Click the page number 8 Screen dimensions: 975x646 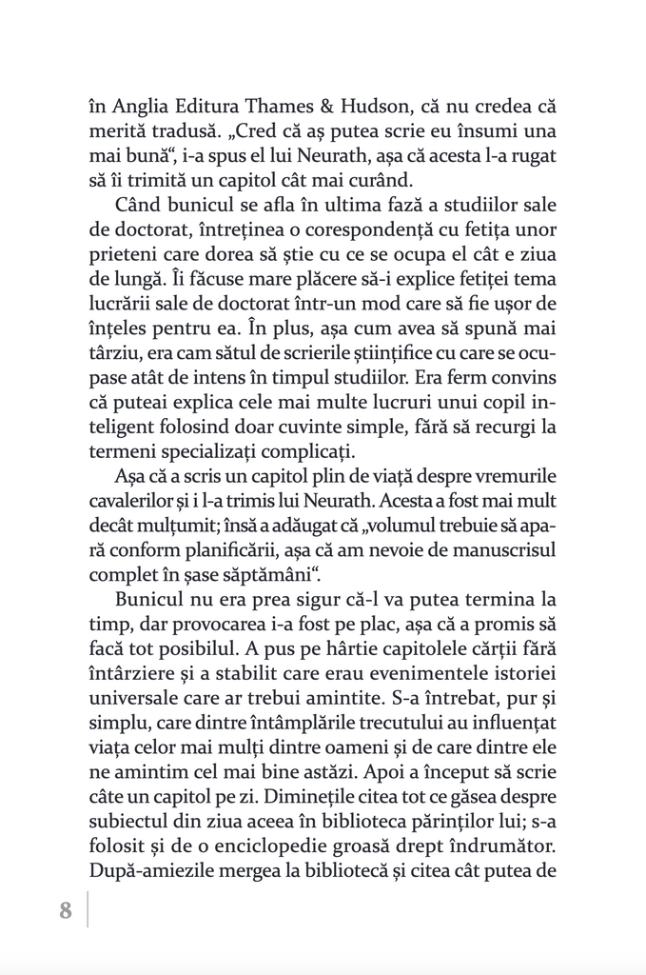point(66,910)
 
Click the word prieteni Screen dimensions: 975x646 point(122,254)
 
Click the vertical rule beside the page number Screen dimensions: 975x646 point(88,910)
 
